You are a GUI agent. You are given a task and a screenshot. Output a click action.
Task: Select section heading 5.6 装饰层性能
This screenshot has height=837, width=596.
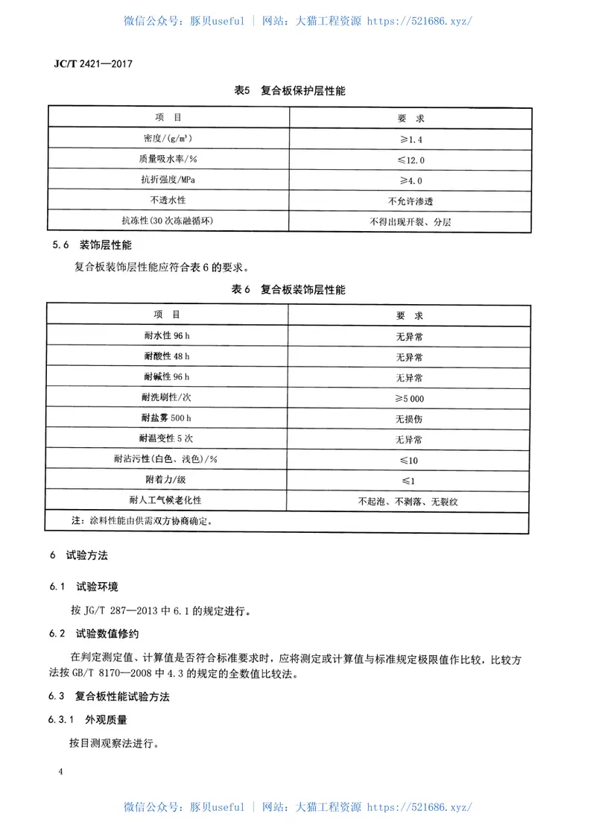[x=92, y=245]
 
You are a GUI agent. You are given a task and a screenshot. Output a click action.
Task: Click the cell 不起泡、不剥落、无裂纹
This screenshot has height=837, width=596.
[x=408, y=502]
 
